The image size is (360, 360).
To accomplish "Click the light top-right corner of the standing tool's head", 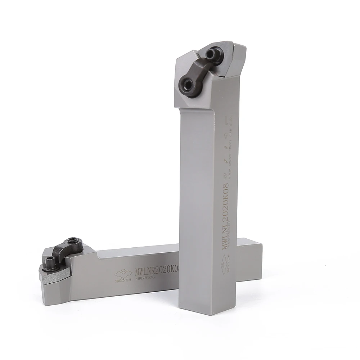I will point(239,49).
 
